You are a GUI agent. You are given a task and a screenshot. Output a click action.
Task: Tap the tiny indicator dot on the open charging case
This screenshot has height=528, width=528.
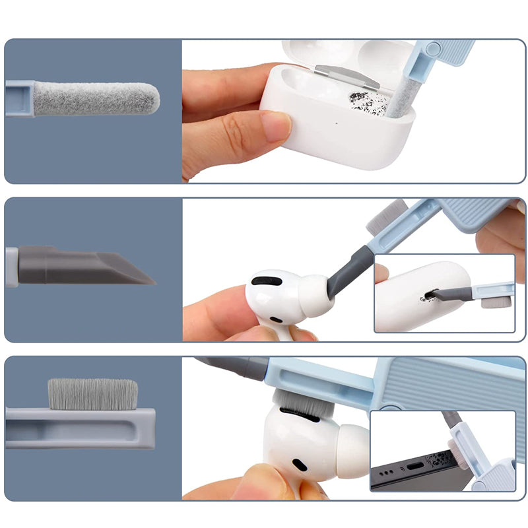click(x=336, y=121)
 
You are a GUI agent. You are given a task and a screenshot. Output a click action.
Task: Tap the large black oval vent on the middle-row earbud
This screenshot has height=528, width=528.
click(x=267, y=281)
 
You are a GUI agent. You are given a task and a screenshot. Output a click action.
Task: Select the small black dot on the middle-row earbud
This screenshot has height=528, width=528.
click(x=276, y=319)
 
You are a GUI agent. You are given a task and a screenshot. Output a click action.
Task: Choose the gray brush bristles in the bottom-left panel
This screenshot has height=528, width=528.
click(x=92, y=394)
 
